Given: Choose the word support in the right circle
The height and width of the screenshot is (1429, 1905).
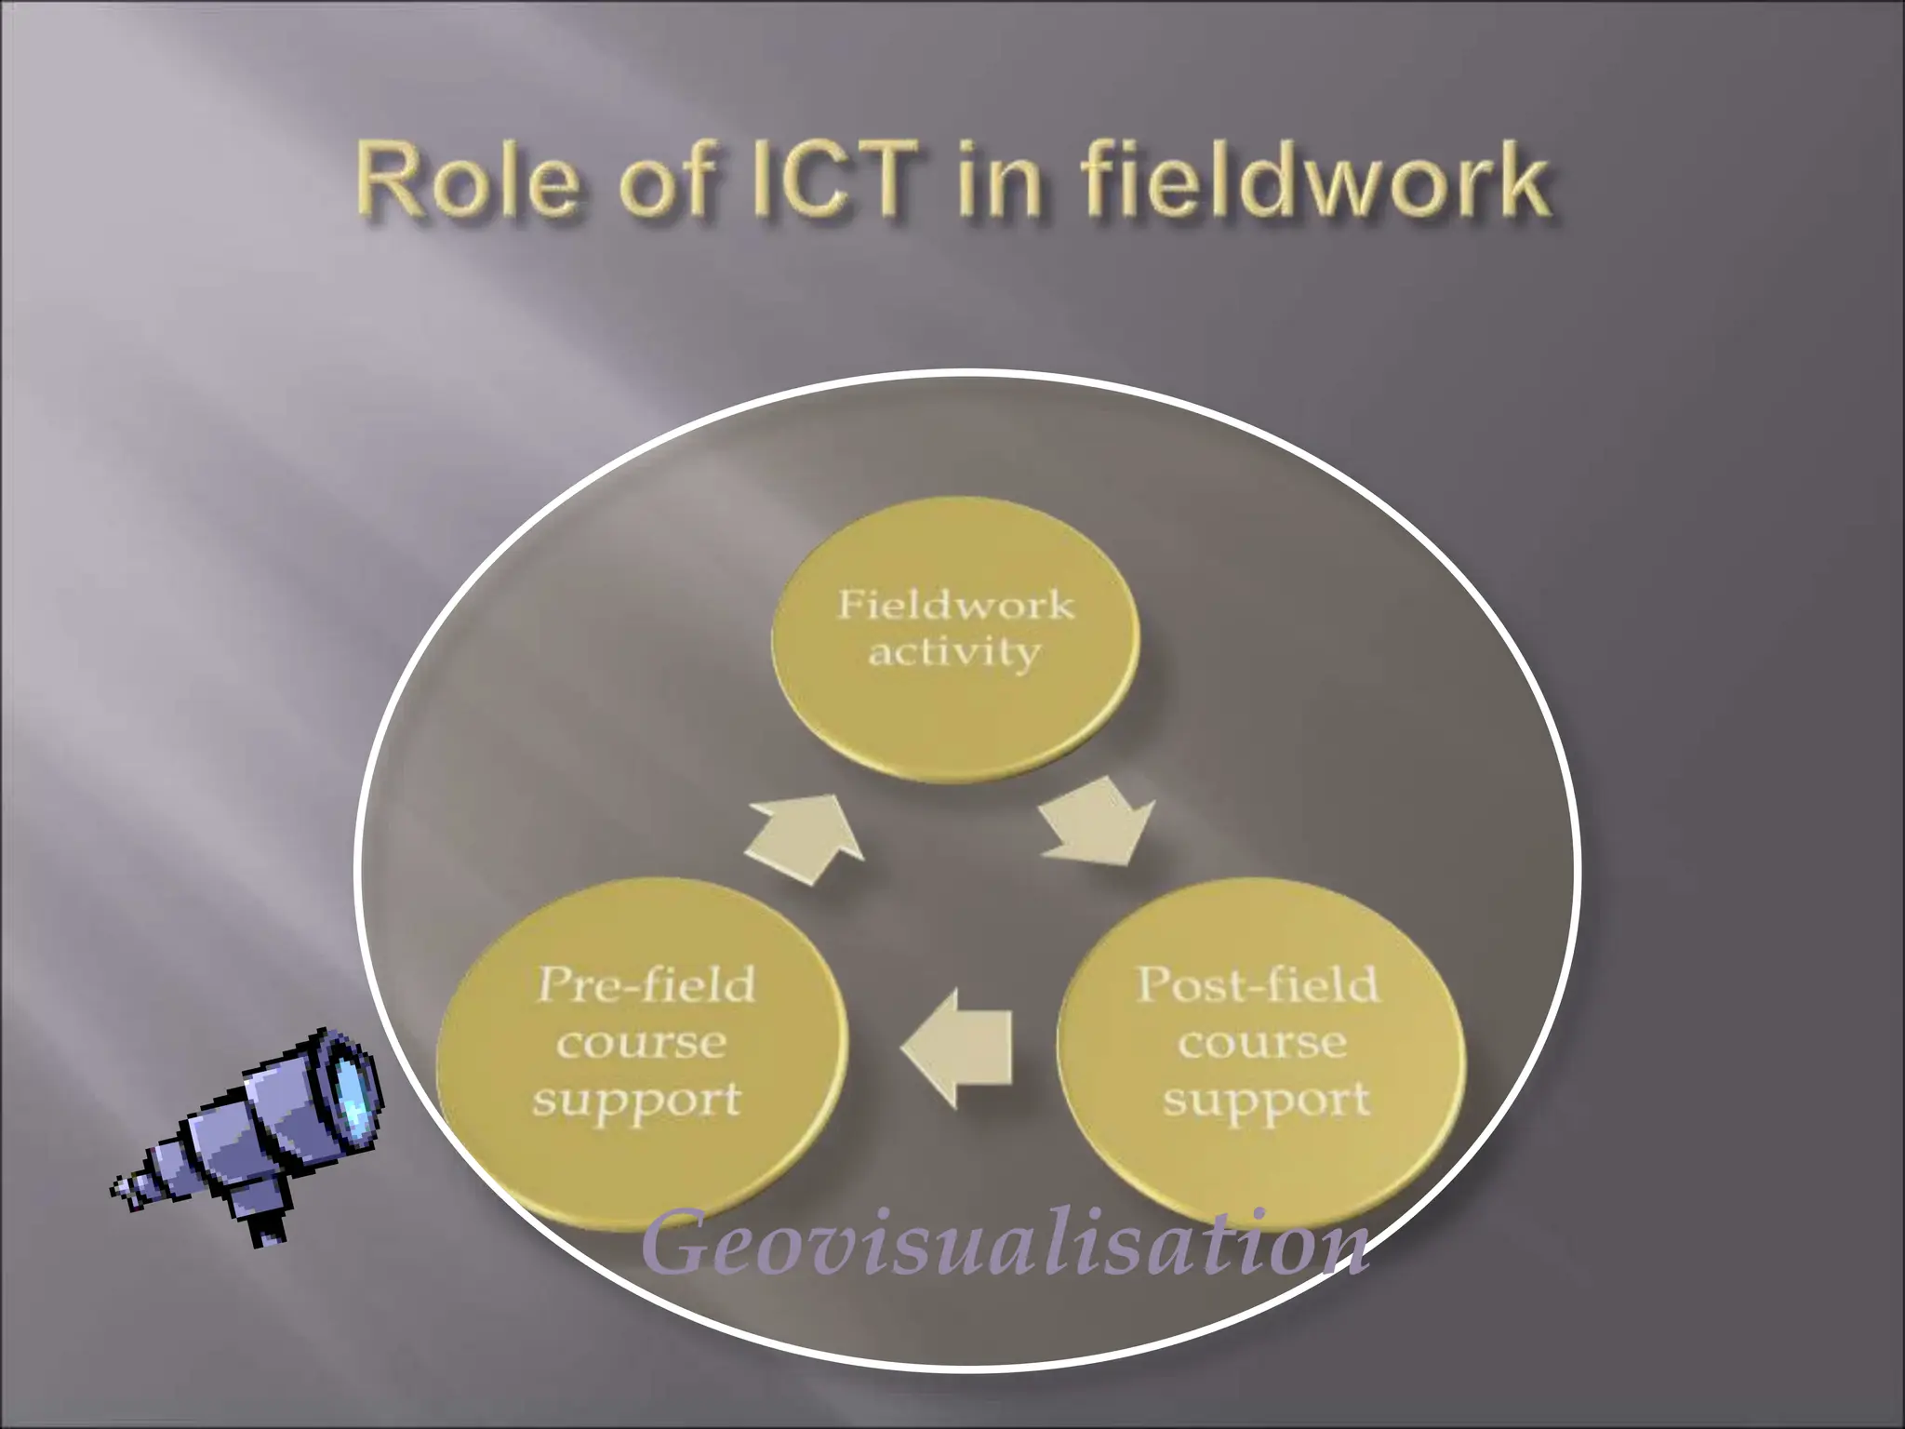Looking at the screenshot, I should pyautogui.click(x=1266, y=1101).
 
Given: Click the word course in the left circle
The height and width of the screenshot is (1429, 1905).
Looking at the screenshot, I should pyautogui.click(x=642, y=1043).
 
